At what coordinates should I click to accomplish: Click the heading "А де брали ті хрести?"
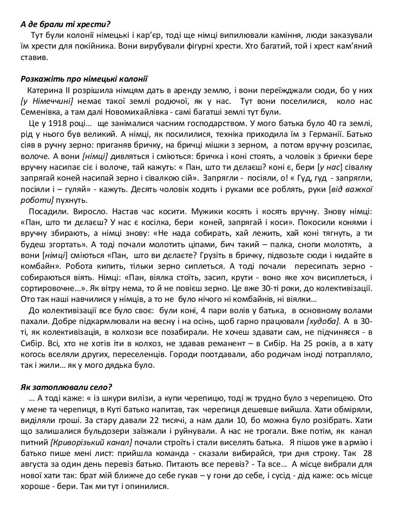(65, 24)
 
